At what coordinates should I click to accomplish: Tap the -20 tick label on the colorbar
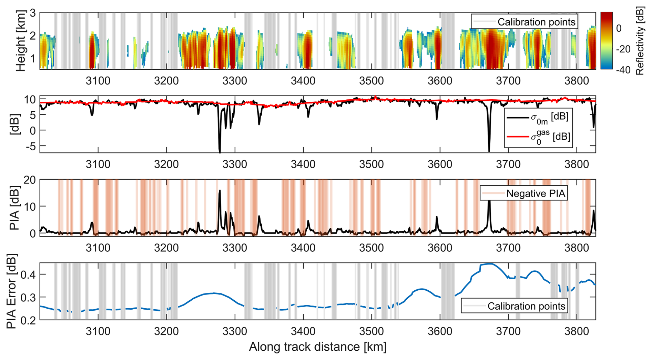[623, 49]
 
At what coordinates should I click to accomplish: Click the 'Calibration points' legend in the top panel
[524, 22]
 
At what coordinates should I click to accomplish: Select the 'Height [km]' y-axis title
[21, 41]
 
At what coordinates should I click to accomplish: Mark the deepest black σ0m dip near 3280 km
[220, 152]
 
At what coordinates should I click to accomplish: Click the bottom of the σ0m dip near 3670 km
[489, 151]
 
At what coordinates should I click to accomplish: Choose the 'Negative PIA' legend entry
[524, 193]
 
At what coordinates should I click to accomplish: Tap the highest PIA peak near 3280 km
[220, 190]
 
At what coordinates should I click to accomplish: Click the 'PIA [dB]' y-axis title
[14, 208]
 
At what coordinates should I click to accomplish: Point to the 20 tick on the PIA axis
[30, 180]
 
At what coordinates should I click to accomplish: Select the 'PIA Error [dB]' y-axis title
[12, 291]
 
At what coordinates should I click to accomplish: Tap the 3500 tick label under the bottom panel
[371, 332]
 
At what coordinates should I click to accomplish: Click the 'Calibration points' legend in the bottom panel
[514, 306]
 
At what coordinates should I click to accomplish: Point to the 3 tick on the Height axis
[33, 13]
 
